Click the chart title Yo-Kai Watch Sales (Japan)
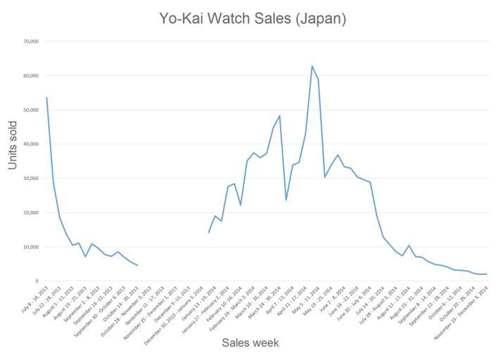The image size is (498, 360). pos(251,18)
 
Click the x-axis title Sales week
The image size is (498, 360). pos(250,343)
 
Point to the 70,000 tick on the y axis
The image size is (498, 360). pos(30,41)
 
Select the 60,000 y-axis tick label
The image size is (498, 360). pos(30,76)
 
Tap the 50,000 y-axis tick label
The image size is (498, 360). pos(30,110)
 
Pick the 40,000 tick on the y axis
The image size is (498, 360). pos(30,144)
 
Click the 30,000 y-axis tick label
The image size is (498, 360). pos(30,179)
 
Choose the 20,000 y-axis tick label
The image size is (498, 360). pos(30,213)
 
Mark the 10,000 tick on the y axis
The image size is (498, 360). pos(30,247)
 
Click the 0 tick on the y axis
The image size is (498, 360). pos(37,281)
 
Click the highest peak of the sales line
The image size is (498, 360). pos(312,66)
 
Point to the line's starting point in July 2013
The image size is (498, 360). pos(46,98)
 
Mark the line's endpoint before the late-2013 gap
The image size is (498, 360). pos(137,265)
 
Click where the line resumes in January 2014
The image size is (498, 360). pos(209,232)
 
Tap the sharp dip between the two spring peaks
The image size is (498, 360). pos(286,200)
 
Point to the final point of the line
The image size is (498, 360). pos(486,274)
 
